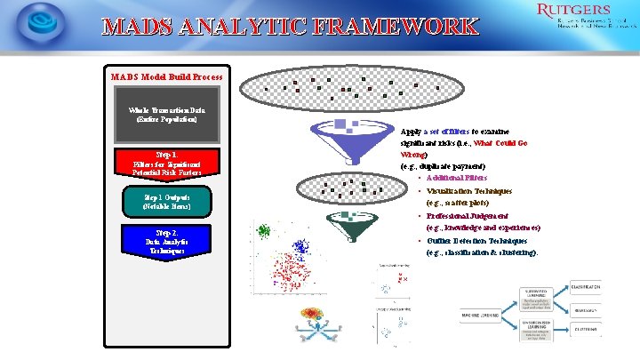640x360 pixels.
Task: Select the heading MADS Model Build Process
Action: (166, 76)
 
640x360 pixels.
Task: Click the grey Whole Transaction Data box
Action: (166, 114)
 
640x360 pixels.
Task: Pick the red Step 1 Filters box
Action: (166, 163)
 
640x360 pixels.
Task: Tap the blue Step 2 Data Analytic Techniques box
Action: (166, 242)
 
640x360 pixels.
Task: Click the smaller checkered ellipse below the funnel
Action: (348, 188)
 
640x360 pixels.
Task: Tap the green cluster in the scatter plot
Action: (263, 230)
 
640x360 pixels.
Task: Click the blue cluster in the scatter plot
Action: (300, 246)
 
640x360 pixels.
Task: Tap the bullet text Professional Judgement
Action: (468, 215)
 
